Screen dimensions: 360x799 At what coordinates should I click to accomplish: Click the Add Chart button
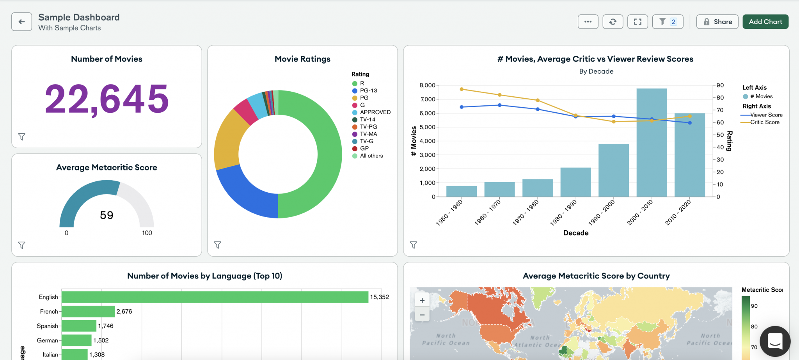point(765,22)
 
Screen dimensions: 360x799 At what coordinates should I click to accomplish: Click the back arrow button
point(21,22)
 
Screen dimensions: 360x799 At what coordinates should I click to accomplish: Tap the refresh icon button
point(613,22)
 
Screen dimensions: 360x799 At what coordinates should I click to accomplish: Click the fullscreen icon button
point(637,22)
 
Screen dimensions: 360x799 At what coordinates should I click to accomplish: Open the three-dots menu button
point(588,22)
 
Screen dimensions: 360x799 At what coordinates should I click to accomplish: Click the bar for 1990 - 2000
point(613,172)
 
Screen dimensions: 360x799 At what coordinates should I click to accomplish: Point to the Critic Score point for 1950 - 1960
point(462,89)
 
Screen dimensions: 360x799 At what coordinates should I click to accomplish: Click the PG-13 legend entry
point(368,90)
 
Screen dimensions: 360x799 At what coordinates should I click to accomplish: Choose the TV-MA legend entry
point(368,134)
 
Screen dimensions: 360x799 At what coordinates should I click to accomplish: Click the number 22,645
point(107,99)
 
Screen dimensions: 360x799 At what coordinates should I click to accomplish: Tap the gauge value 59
point(107,215)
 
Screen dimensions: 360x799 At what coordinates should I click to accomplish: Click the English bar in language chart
point(215,297)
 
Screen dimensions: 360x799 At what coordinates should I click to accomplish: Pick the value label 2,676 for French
point(124,312)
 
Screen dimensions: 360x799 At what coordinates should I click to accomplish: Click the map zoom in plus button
point(422,300)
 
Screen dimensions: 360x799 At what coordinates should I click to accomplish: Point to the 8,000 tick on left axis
point(427,85)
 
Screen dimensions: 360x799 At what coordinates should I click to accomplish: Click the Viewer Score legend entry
point(766,115)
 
